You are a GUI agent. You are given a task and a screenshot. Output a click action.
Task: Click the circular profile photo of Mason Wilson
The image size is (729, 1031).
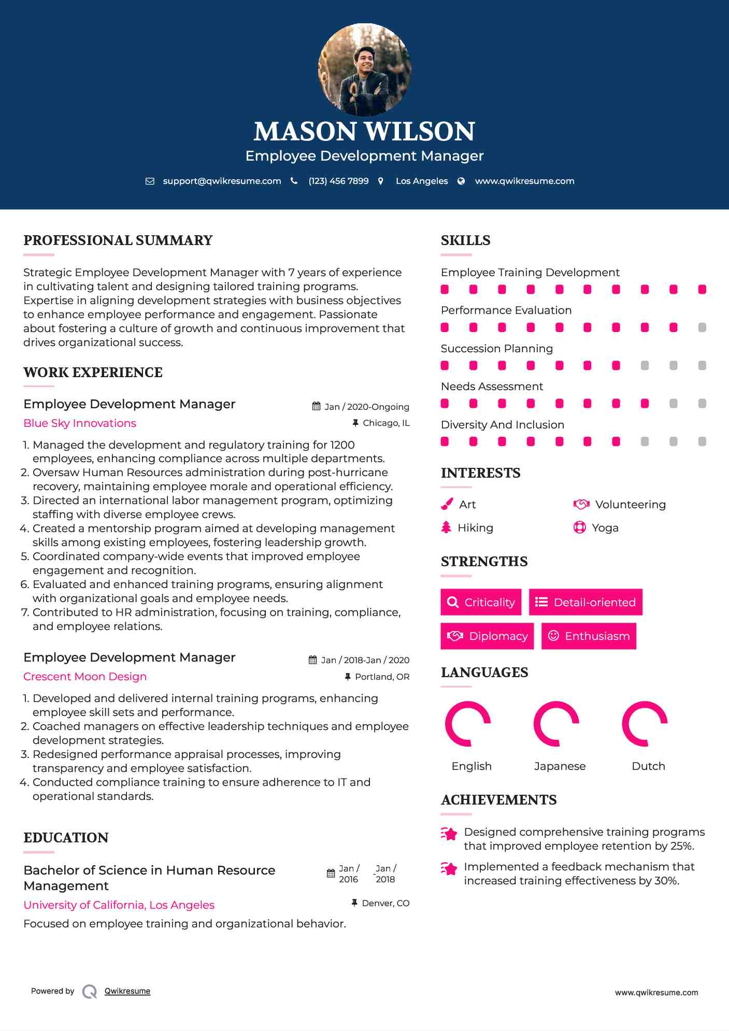click(x=364, y=69)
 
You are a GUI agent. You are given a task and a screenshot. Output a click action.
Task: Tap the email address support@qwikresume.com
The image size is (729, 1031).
click(x=222, y=181)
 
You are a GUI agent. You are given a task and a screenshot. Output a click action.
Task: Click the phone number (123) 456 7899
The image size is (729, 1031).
click(x=338, y=181)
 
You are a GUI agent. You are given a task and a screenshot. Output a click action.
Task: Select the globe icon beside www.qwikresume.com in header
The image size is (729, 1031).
click(x=461, y=181)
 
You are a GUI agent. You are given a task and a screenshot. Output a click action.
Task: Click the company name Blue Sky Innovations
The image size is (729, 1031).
click(x=80, y=423)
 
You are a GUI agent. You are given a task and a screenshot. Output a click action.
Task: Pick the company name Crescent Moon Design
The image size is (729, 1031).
click(x=85, y=677)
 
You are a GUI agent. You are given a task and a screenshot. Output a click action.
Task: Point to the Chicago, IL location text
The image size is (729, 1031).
click(x=386, y=423)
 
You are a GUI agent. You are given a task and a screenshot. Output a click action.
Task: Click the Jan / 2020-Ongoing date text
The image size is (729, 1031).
click(x=366, y=407)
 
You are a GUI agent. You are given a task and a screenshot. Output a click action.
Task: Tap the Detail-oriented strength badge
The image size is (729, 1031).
click(x=585, y=602)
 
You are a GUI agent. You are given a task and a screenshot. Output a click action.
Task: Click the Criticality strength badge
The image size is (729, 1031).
click(x=481, y=602)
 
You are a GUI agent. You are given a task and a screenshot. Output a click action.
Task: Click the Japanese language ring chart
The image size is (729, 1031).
click(x=556, y=724)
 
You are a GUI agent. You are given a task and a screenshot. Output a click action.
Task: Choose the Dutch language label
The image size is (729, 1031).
click(x=648, y=766)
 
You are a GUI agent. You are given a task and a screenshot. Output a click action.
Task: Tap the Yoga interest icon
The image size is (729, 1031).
click(x=579, y=527)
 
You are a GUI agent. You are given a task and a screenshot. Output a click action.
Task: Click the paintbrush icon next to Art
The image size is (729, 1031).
click(x=447, y=504)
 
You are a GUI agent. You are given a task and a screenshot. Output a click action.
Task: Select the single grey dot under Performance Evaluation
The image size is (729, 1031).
click(x=702, y=327)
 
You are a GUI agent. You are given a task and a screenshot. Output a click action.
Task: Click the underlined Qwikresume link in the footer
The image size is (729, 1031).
click(x=127, y=991)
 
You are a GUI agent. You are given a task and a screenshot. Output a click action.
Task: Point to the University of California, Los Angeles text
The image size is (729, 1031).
click(x=119, y=905)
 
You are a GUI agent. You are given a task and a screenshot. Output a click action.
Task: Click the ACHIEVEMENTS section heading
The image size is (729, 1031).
click(x=498, y=800)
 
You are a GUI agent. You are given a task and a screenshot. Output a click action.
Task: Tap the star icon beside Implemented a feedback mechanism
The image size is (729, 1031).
click(x=449, y=868)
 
